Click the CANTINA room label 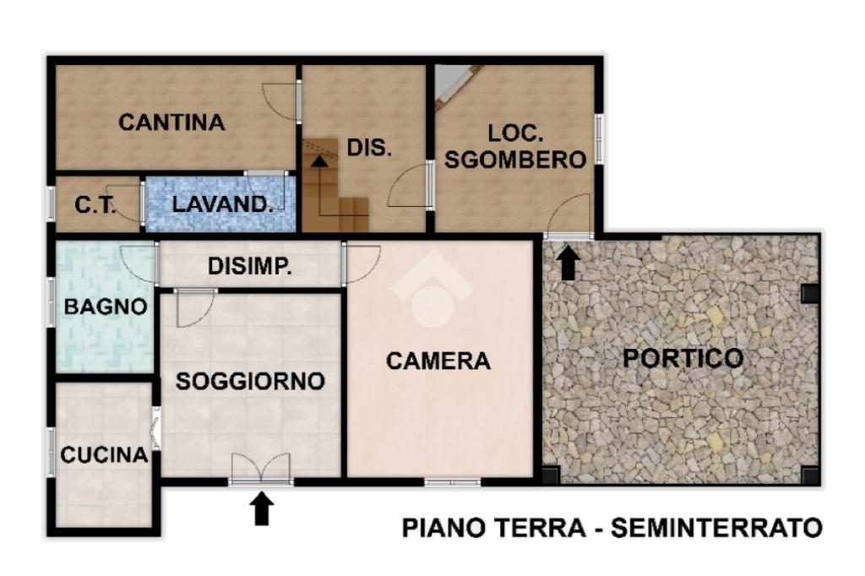171,122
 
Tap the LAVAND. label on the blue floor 222,204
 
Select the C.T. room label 95,204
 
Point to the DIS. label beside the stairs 369,148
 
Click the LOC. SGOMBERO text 515,146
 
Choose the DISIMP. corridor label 249,267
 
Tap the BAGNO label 106,307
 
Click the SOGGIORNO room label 250,381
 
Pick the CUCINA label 104,455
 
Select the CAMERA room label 438,361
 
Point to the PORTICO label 683,358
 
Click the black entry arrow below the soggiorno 262,508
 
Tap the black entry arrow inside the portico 568,264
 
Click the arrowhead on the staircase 318,160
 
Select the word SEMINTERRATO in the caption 716,528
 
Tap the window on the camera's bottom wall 453,482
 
